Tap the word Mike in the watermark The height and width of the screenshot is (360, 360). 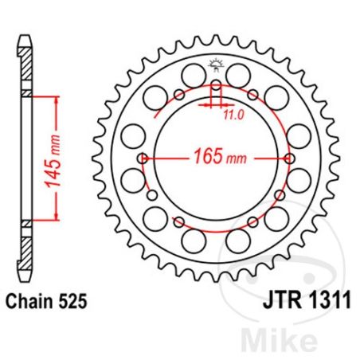[313, 335]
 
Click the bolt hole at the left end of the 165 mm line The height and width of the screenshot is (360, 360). [142, 158]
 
